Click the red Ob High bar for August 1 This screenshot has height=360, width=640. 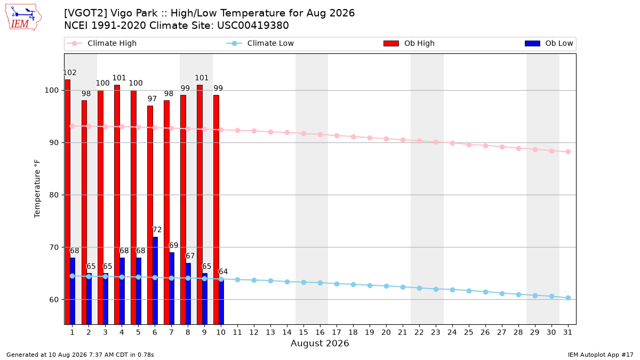coord(68,202)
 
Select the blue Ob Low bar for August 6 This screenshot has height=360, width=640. coord(155,281)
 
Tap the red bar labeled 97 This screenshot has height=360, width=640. coord(150,215)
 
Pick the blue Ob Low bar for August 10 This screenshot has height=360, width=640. coord(221,301)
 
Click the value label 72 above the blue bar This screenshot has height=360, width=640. coord(157,230)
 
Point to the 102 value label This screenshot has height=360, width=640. coord(70,73)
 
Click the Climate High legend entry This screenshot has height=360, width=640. coord(102,43)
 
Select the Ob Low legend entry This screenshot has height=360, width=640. coord(549,43)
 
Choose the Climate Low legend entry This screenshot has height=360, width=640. coord(260,43)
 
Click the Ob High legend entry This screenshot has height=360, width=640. coord(409,43)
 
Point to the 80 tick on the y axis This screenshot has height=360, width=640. coord(54,195)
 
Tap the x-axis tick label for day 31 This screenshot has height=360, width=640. coord(567,333)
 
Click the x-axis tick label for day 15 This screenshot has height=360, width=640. coord(303,333)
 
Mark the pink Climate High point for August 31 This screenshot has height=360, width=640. coord(569,151)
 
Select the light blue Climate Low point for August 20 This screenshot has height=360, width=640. coord(386,286)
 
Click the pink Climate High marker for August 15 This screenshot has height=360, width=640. coord(303,133)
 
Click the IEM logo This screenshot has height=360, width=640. coord(23,18)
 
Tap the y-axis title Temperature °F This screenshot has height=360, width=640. coord(37,189)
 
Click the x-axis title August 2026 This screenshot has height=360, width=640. coord(319,343)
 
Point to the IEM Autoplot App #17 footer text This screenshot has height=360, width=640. coord(601,355)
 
